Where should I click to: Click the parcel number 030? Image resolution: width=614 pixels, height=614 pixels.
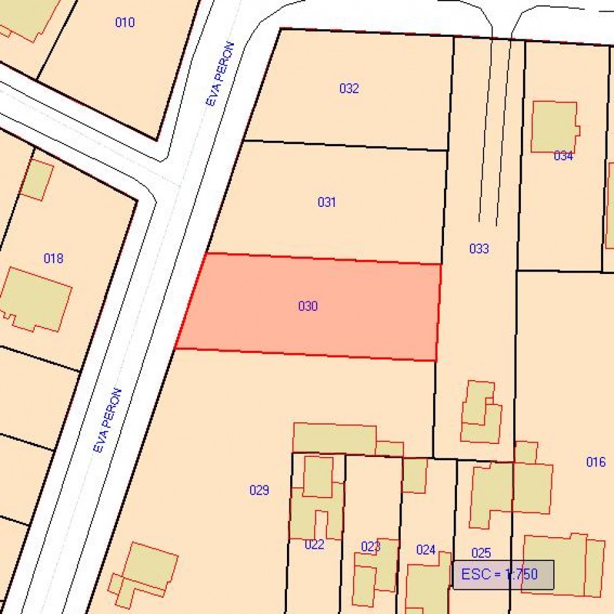click(x=308, y=306)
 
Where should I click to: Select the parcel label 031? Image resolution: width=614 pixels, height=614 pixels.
click(x=327, y=202)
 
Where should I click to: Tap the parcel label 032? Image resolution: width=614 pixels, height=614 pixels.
click(x=349, y=89)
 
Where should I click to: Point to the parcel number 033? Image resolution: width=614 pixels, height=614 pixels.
click(x=479, y=248)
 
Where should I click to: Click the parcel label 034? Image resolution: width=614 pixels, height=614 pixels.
click(x=564, y=156)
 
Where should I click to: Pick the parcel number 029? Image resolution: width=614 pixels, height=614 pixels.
click(x=259, y=490)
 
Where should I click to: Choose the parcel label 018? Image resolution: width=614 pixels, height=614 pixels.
click(x=54, y=259)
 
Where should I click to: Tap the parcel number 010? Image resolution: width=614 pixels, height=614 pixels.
click(x=125, y=23)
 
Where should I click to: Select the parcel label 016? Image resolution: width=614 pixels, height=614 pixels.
click(x=596, y=461)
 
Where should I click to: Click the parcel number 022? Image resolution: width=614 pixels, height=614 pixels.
click(x=314, y=544)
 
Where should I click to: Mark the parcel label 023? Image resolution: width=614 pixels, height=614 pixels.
click(x=370, y=547)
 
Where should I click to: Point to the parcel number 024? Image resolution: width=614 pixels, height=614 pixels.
click(x=426, y=550)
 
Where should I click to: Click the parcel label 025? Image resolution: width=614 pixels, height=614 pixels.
click(x=481, y=553)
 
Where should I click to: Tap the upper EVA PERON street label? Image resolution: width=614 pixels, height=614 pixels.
click(x=220, y=74)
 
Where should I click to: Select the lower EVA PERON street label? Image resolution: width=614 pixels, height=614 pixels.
click(x=107, y=420)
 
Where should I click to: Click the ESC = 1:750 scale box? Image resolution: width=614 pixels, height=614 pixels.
click(x=503, y=575)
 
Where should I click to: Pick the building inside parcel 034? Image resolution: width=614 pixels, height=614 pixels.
click(x=554, y=127)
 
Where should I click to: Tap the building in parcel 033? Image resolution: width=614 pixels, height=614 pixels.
click(x=481, y=412)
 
